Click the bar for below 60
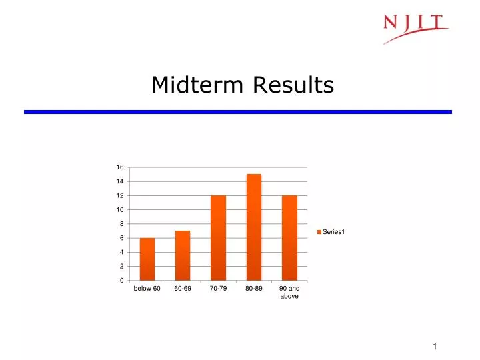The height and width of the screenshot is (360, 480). click(147, 259)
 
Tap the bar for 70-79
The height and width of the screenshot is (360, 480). click(218, 238)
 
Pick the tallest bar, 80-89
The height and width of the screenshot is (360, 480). click(254, 227)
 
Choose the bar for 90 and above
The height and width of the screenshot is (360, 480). click(289, 238)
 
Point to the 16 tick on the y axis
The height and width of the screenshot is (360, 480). click(120, 167)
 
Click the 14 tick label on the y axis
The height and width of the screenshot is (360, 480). click(120, 181)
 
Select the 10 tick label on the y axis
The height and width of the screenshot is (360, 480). click(120, 209)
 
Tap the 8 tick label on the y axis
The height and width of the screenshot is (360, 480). click(121, 224)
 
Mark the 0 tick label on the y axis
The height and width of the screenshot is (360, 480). click(121, 280)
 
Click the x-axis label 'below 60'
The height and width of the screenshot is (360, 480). click(147, 289)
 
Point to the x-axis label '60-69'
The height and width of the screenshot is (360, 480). click(183, 289)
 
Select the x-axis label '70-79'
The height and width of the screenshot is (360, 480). click(218, 289)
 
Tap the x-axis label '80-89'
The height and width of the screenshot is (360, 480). click(254, 289)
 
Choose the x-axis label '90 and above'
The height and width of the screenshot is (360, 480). click(289, 292)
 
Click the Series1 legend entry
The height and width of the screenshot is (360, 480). click(333, 231)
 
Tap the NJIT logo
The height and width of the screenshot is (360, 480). click(415, 28)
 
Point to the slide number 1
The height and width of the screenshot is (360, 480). click(435, 346)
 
